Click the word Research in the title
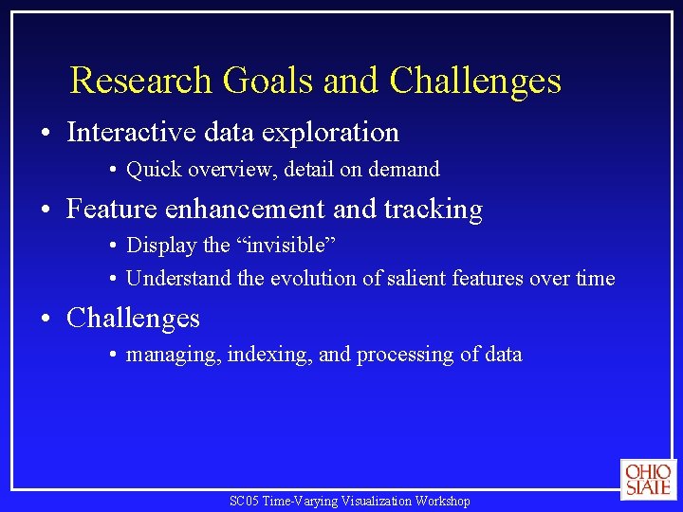point(142,81)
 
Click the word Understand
point(176,279)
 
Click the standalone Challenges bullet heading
point(133,318)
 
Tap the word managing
point(172,355)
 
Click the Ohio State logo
point(648,479)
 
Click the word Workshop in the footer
point(443,501)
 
